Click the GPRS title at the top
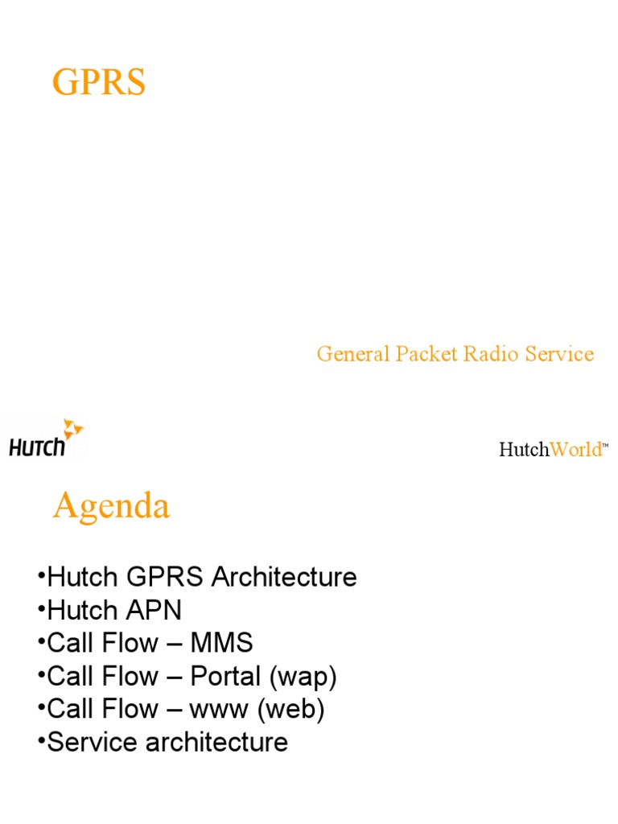coord(99,83)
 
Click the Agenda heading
coord(111,506)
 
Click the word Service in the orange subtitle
coord(559,353)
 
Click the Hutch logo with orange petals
coord(46,439)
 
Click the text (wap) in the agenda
coord(303,677)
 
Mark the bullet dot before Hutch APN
coord(41,610)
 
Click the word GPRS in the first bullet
coord(167,577)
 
